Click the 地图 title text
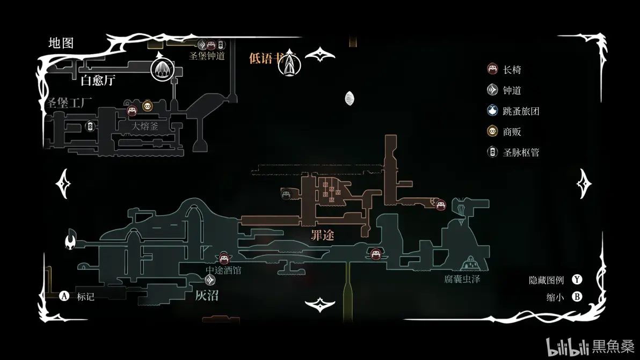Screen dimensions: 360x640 [61, 43]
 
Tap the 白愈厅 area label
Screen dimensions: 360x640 [98, 81]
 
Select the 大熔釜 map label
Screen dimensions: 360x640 [145, 127]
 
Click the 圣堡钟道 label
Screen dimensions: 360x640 [207, 56]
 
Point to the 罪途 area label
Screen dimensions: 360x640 [322, 235]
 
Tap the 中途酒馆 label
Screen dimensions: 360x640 [223, 270]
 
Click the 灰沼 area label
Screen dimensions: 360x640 [207, 295]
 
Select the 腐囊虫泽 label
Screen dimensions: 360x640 [462, 279]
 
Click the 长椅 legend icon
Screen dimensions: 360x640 [492, 69]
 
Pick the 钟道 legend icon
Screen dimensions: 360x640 [492, 90]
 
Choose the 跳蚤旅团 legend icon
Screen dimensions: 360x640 [492, 111]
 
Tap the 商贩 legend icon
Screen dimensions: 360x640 [492, 131]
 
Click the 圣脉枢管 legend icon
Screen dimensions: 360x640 [492, 152]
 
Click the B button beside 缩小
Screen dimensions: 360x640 [577, 297]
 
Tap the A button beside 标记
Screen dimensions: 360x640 [64, 296]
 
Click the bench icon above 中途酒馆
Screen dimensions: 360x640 [224, 259]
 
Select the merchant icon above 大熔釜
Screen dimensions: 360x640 [148, 106]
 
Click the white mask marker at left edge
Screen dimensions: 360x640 [70, 242]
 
